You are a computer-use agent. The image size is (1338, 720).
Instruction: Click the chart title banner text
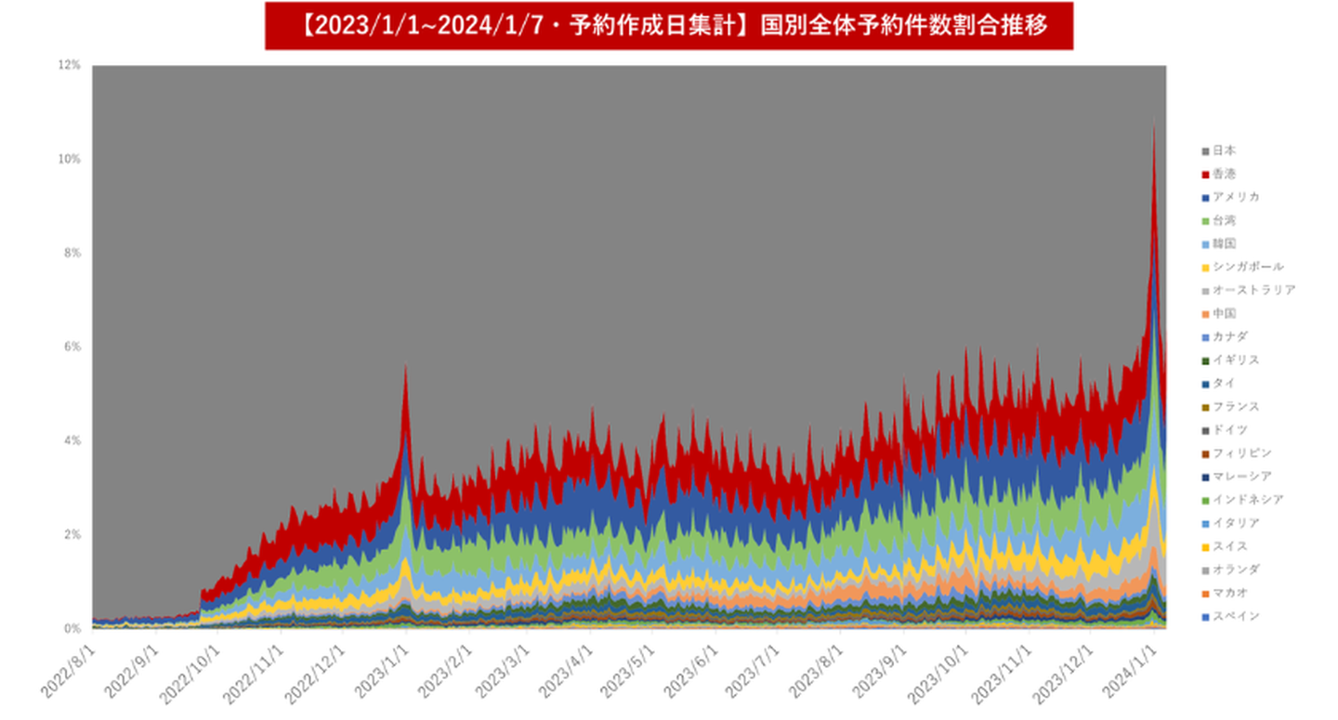pos(669,26)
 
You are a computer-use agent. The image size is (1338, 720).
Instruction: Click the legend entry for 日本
pos(1224,151)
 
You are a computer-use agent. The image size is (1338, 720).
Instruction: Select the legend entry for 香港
pos(1224,174)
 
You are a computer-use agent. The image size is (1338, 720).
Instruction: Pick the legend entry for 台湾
pos(1224,220)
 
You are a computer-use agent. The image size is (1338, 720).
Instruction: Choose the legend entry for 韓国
pos(1224,243)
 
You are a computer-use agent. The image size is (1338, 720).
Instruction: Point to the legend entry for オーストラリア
pos(1253,290)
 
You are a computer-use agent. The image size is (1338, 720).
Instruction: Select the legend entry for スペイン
pos(1235,616)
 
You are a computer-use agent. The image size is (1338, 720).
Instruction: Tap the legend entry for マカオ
pos(1229,593)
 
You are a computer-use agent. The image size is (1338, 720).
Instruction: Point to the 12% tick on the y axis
pos(70,65)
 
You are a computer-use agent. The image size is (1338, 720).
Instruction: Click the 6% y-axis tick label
pos(72,347)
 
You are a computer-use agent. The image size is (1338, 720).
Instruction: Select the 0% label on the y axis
pos(72,629)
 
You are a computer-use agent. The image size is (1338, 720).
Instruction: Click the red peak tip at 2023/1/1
pos(405,366)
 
